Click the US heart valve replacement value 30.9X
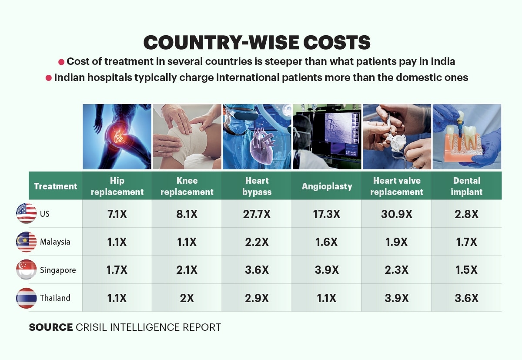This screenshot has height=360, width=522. point(397,214)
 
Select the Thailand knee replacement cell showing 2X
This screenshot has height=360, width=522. point(187,298)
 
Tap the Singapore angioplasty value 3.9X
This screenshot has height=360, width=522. point(327,270)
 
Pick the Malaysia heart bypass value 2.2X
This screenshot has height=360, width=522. point(257,242)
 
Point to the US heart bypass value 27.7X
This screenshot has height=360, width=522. point(257,214)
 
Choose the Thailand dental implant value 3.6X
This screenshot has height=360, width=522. point(466,298)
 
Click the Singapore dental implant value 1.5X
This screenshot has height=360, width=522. point(466,270)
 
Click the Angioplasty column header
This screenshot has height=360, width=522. point(327,186)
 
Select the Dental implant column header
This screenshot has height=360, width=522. point(467,186)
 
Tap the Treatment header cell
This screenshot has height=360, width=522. point(56,186)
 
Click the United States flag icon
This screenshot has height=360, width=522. point(27,213)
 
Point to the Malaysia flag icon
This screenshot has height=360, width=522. point(27,242)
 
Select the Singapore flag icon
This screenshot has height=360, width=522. point(27,269)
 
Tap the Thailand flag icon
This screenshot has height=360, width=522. point(27,298)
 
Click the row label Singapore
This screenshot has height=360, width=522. point(58,270)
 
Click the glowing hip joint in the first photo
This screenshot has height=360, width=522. point(119,135)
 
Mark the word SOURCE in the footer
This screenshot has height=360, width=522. point(51,327)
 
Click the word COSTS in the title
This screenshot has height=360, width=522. point(337,42)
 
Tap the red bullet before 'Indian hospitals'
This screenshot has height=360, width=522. point(48,78)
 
